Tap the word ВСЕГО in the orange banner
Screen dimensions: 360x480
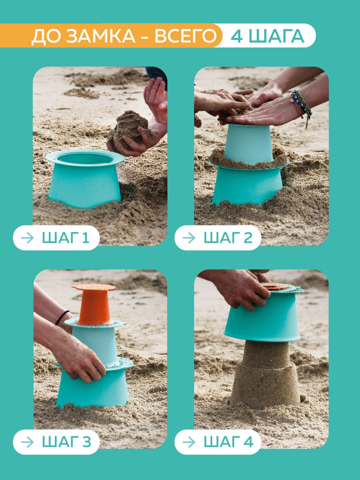186,36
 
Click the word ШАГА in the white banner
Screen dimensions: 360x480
276,36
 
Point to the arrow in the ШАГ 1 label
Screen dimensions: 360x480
28,238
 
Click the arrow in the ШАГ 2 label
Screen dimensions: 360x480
189,238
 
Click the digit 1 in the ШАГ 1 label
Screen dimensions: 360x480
86,238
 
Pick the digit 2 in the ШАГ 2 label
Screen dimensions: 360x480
248,238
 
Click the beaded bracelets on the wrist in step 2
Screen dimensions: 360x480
302,105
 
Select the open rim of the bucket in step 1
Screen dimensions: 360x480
85,158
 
